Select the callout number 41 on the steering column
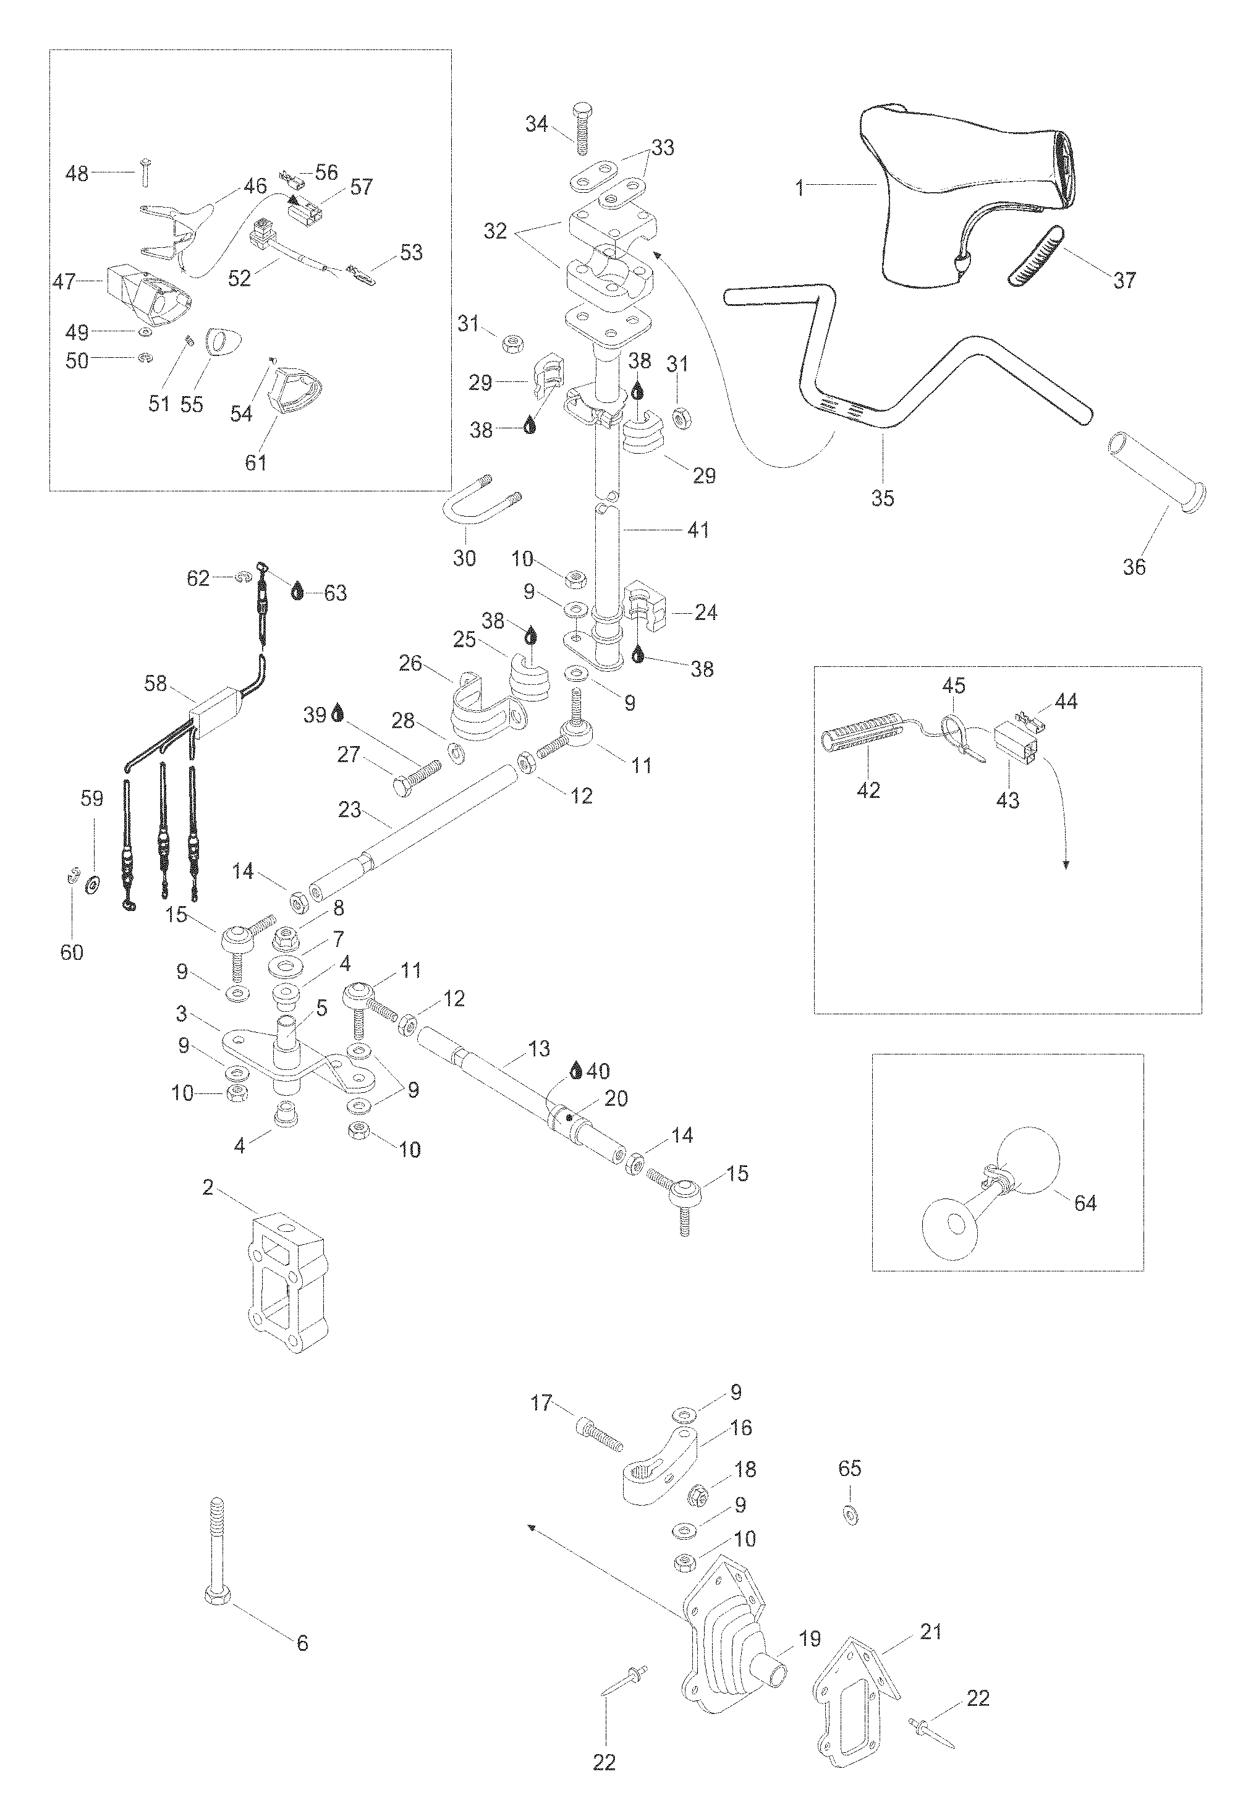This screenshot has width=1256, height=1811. pyautogui.click(x=698, y=530)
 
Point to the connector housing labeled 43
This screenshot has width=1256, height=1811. pyautogui.click(x=1014, y=739)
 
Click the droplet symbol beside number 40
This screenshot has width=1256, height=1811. pyautogui.click(x=577, y=1071)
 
